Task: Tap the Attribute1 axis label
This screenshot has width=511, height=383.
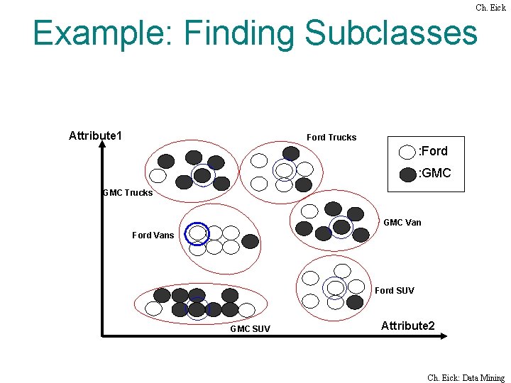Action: pos(95,135)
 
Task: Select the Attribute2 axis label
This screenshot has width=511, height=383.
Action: pos(408,326)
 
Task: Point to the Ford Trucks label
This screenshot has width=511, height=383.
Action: pos(331,137)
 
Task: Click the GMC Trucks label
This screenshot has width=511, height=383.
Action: pos(128,192)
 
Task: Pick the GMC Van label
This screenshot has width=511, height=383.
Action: pos(402,222)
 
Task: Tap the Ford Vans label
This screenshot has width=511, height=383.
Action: pos(153,235)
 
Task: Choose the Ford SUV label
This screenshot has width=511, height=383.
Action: pos(395,290)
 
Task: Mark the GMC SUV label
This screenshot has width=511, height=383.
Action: pos(250,328)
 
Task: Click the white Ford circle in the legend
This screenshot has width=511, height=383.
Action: pos(407,152)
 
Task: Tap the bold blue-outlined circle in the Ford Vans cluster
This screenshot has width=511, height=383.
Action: pos(197,233)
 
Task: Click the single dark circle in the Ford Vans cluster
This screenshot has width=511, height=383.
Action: pos(250,241)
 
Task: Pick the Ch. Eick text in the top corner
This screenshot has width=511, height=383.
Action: pos(490,8)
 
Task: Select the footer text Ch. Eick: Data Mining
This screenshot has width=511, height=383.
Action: pos(466,378)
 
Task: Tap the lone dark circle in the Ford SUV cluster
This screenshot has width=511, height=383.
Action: pos(355,301)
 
